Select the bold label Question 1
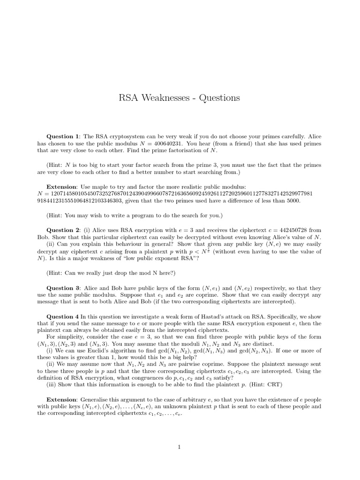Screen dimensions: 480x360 pos(63,136)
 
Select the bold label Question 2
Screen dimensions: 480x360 pos(63,230)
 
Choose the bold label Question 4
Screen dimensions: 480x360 pos(63,317)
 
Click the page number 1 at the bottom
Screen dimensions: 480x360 pos(180,447)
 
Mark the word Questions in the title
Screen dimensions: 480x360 pos(220,98)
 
